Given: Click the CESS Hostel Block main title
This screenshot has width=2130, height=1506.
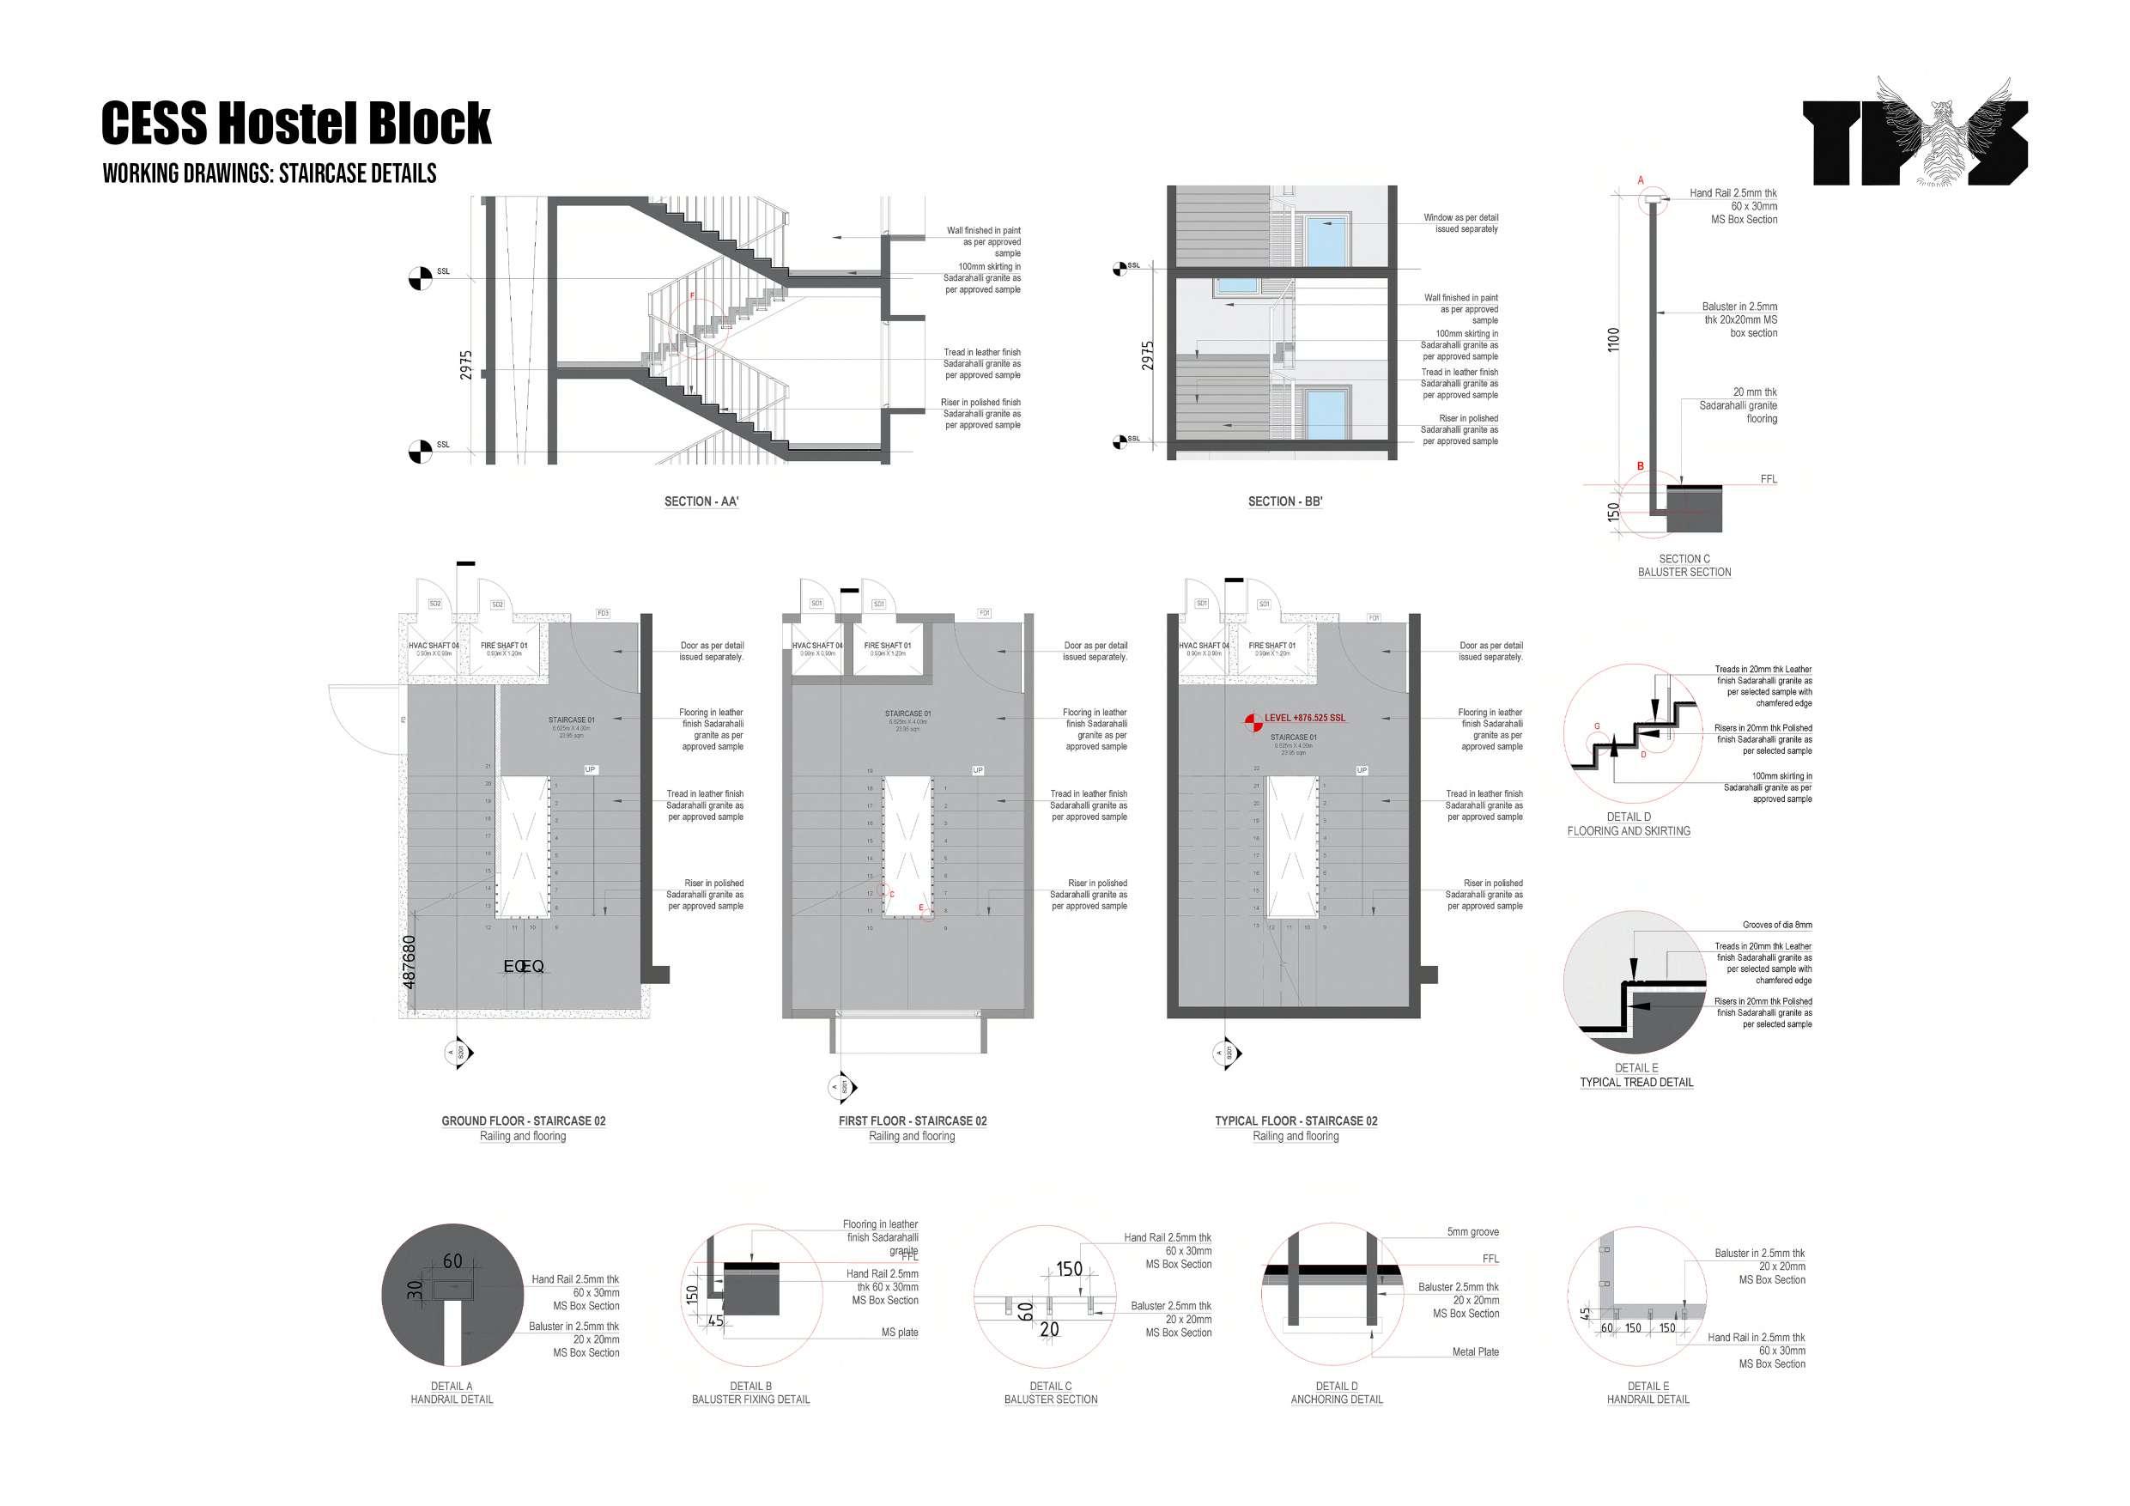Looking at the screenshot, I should click(296, 124).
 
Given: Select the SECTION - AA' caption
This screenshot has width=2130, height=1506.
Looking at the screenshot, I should click(701, 502).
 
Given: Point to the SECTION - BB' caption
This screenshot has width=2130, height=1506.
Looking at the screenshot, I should click(1285, 502).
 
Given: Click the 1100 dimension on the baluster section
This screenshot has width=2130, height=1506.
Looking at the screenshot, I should click(1613, 340).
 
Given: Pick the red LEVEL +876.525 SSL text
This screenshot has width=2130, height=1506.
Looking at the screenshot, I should click(1304, 718).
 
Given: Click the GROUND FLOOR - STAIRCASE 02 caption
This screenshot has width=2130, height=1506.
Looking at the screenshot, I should click(523, 1121).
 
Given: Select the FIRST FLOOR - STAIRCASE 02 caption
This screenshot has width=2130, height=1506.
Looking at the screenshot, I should click(912, 1121).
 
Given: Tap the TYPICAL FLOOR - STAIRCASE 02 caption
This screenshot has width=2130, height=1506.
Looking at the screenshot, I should click(1296, 1121).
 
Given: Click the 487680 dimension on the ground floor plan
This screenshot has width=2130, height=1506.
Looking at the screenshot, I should click(410, 963).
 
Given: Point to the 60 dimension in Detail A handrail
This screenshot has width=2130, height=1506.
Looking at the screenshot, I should click(452, 1261).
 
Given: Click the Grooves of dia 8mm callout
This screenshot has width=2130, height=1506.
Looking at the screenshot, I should click(1776, 925).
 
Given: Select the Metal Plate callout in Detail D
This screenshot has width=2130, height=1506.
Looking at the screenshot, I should click(1475, 1352).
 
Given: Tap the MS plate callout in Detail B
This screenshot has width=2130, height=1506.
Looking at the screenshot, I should click(899, 1333).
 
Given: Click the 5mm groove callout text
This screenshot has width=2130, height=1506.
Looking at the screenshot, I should click(1472, 1232).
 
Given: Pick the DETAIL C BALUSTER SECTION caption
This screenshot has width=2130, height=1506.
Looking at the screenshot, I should click(1050, 1393).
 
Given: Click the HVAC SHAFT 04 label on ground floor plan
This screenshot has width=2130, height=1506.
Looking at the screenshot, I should click(434, 646).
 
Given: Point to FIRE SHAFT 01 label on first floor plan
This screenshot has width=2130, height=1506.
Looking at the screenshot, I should click(887, 646).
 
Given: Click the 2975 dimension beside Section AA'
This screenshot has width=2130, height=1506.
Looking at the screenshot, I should click(465, 365).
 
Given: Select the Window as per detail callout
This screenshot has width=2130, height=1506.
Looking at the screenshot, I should click(1460, 222).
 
